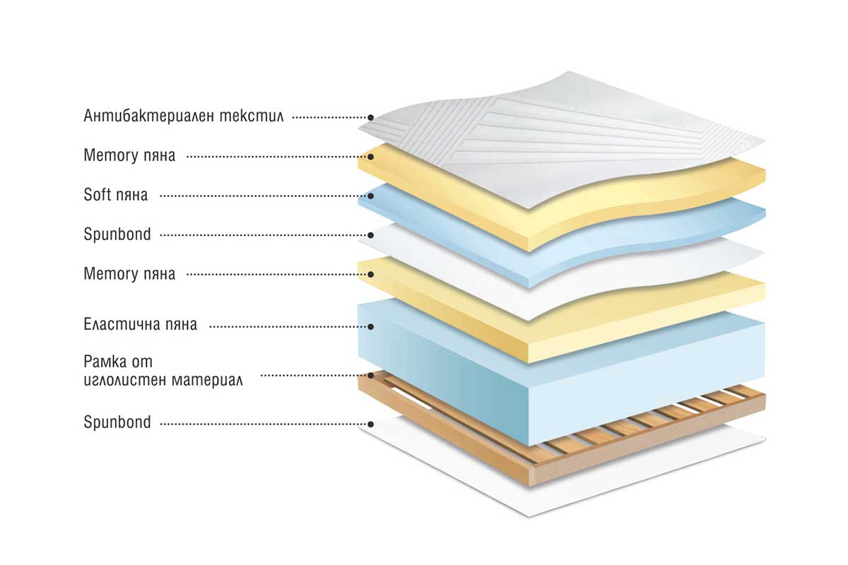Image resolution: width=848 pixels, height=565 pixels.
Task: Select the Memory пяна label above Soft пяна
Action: coord(129,155)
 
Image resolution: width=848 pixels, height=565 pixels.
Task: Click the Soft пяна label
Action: coord(115,195)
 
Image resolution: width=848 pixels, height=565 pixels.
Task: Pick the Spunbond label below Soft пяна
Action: coord(117,234)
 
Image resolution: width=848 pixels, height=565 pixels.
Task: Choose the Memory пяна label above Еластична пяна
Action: coord(129,274)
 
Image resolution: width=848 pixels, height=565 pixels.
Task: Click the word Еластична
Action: coord(119,324)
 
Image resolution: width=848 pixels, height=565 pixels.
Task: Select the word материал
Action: coord(207,380)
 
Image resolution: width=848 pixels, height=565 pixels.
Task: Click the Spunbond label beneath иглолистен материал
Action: coord(117,422)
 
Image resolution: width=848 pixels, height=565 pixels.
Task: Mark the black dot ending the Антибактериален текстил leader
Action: coord(371,118)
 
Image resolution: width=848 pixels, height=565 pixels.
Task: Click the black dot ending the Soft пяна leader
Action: coord(371,196)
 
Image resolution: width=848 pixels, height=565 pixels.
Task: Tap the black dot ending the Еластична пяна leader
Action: coord(371,326)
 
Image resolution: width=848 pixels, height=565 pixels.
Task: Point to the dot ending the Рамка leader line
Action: coord(371,376)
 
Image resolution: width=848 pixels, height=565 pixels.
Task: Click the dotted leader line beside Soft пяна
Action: coord(264,196)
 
